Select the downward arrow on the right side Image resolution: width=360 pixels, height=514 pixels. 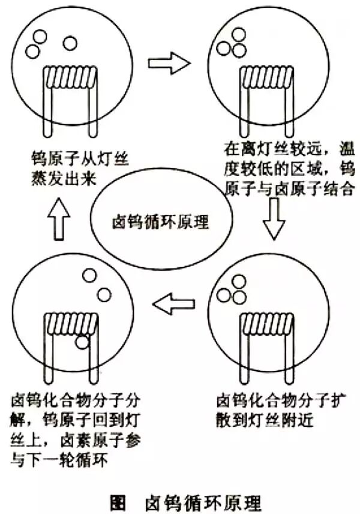(x=275, y=220)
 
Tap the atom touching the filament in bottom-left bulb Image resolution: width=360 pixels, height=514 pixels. (x=82, y=342)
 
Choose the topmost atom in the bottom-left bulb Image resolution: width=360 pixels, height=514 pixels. (x=89, y=276)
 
